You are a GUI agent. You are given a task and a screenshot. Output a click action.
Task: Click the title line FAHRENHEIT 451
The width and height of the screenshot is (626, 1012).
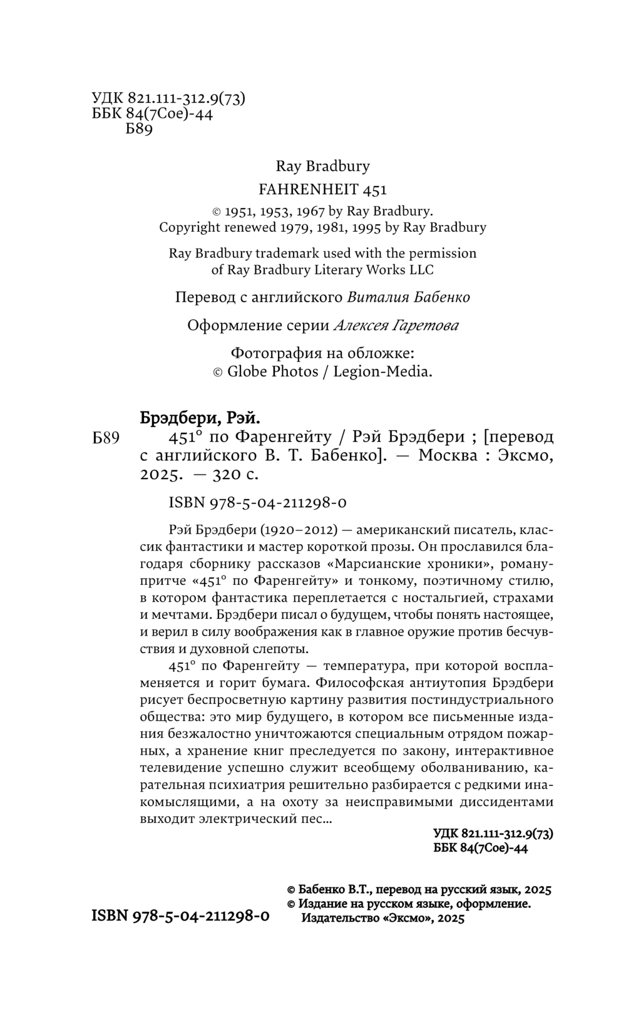coord(322,189)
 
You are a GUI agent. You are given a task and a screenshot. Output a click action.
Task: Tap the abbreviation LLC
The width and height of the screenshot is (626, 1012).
coord(419,270)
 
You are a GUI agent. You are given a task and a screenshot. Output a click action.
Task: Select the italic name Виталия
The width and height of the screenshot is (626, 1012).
coord(374,297)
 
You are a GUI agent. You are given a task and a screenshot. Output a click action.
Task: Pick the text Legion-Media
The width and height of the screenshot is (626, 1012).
coord(382,371)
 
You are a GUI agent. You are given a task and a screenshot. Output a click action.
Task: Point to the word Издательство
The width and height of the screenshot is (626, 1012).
coord(341,918)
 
